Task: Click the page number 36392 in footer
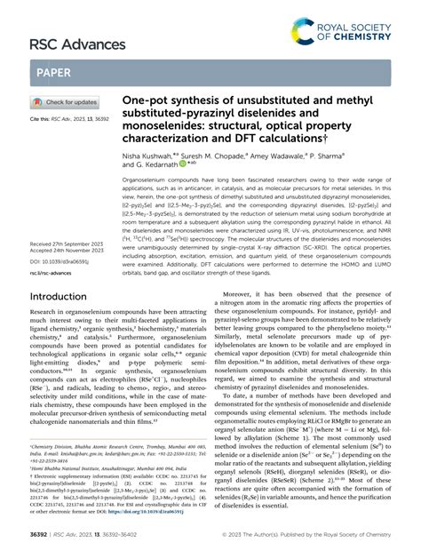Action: click(43, 536)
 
